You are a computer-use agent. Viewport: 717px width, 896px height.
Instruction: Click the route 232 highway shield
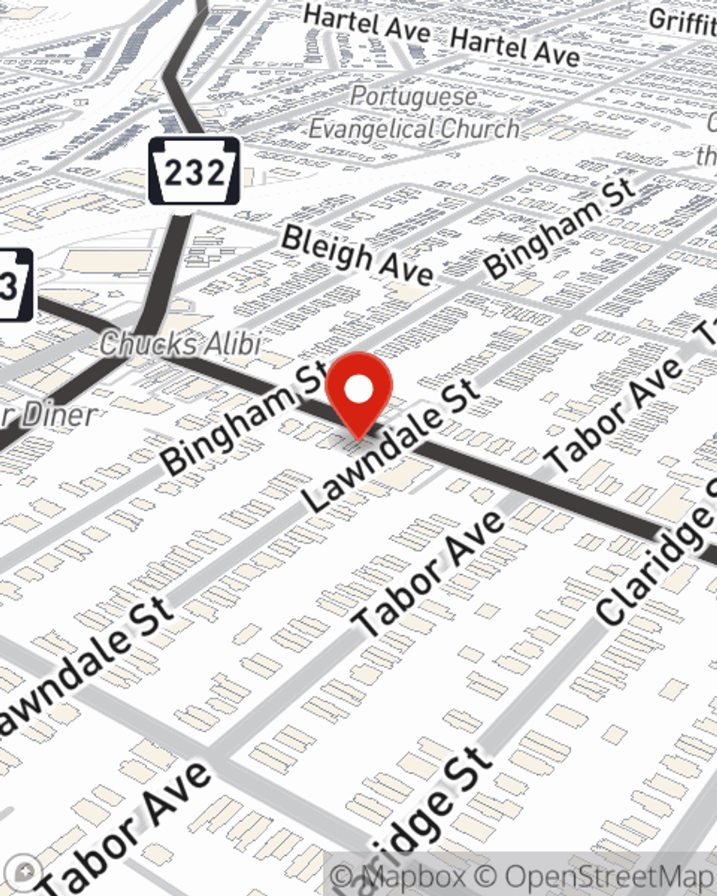click(x=194, y=171)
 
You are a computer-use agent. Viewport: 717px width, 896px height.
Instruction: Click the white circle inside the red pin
click(x=358, y=391)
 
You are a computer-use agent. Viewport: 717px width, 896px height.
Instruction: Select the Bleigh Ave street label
click(x=356, y=255)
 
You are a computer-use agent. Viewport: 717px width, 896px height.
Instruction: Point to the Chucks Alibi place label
click(x=179, y=344)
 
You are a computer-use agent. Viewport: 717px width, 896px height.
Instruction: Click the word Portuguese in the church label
click(x=414, y=96)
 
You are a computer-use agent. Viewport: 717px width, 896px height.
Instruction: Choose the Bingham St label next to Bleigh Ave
click(x=559, y=228)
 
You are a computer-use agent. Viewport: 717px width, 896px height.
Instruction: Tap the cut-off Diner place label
click(x=50, y=416)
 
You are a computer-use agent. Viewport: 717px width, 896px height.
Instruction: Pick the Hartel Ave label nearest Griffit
click(x=515, y=48)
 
